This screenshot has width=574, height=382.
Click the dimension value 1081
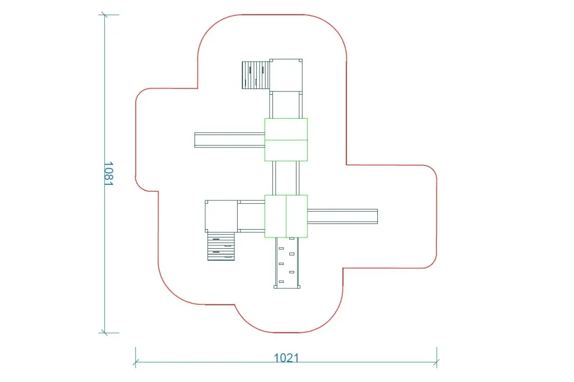click(x=109, y=174)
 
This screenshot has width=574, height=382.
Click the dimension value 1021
click(x=286, y=357)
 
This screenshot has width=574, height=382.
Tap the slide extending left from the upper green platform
click(x=229, y=140)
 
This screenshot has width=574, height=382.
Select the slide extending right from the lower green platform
click(x=342, y=216)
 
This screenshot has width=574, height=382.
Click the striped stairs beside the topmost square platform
click(x=256, y=75)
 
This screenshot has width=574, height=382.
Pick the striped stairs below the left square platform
click(x=221, y=246)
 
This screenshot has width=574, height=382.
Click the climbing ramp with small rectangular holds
click(x=286, y=263)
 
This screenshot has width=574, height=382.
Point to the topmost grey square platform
click(x=286, y=76)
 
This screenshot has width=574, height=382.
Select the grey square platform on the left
click(x=221, y=216)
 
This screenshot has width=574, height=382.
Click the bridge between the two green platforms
click(x=286, y=178)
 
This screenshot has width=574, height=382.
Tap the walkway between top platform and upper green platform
click(x=286, y=105)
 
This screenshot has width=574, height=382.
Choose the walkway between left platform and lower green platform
click(x=251, y=216)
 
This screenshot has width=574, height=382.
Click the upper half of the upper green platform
click(x=286, y=129)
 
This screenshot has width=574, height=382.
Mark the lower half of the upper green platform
click(x=286, y=150)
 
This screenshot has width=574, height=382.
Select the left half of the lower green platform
click(x=275, y=216)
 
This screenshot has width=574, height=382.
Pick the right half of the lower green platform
click(x=297, y=216)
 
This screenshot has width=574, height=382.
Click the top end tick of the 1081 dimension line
click(x=104, y=15)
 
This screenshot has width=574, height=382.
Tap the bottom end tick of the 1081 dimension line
click(x=104, y=333)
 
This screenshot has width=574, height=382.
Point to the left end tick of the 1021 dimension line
click(x=136, y=362)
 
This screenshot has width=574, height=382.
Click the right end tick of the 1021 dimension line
click(x=437, y=362)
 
